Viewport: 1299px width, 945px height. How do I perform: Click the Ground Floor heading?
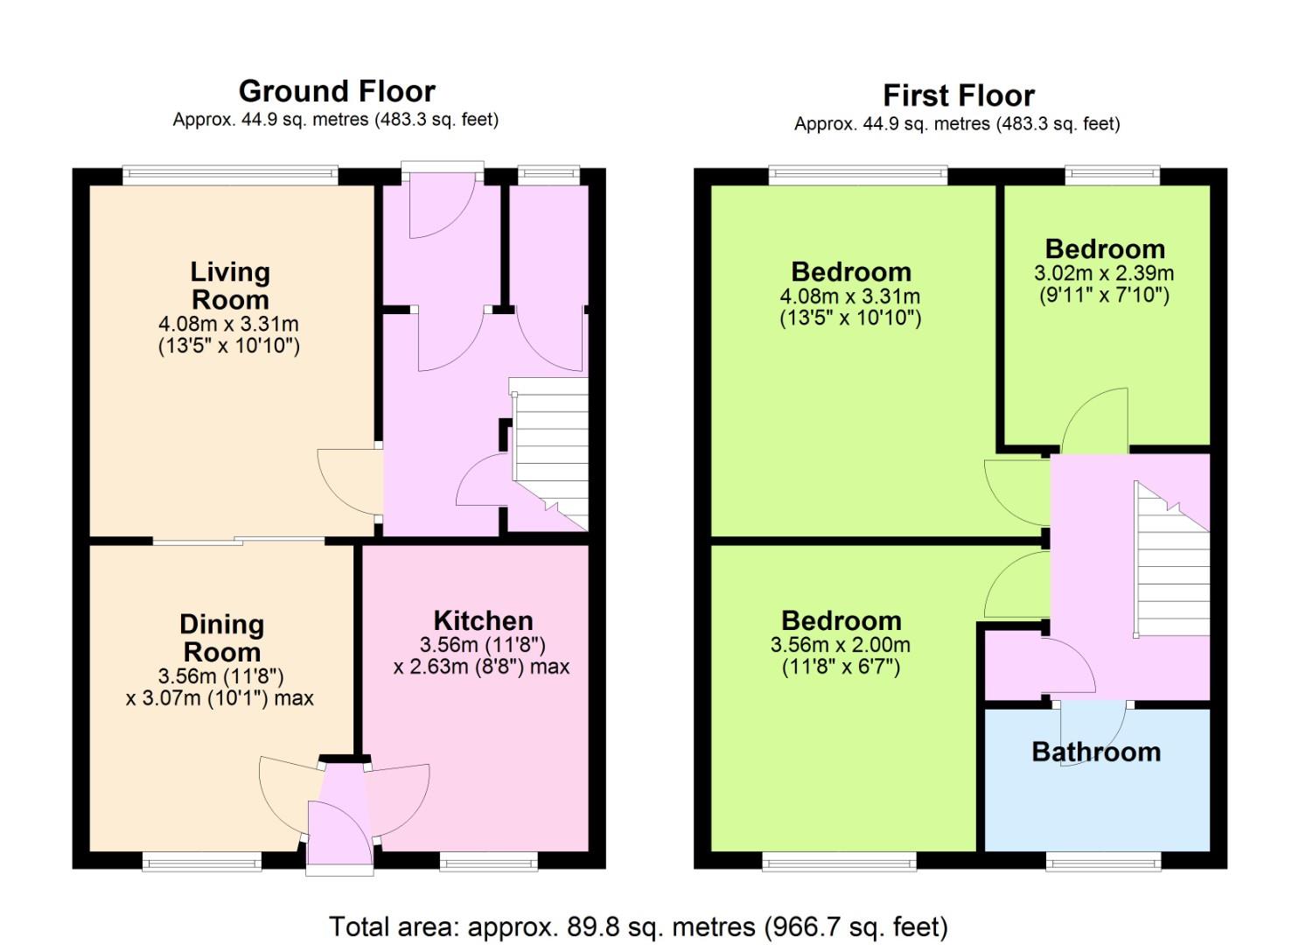pos(337,91)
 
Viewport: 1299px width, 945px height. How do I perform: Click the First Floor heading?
pos(959,95)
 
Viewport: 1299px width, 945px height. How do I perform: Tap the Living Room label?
pos(230,286)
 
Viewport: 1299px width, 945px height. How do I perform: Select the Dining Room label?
pos(221,638)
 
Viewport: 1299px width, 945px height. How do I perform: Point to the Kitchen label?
pos(483,620)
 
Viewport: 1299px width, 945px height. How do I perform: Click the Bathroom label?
pos(1096,752)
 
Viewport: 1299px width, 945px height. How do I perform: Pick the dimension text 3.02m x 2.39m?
pos(1104,273)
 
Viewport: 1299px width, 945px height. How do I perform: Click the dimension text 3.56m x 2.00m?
pos(841,645)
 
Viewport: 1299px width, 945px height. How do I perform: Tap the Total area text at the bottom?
pos(639,927)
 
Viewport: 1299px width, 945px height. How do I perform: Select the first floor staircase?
pos(1172,560)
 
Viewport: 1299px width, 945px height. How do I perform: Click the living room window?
pos(230,173)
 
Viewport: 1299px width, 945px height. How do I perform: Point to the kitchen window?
pos(488,864)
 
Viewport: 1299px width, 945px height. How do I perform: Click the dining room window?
pos(202,864)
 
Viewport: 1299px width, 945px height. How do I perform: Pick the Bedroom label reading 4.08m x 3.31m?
pos(851,271)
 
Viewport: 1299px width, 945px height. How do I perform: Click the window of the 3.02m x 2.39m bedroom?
pos(1113,173)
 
